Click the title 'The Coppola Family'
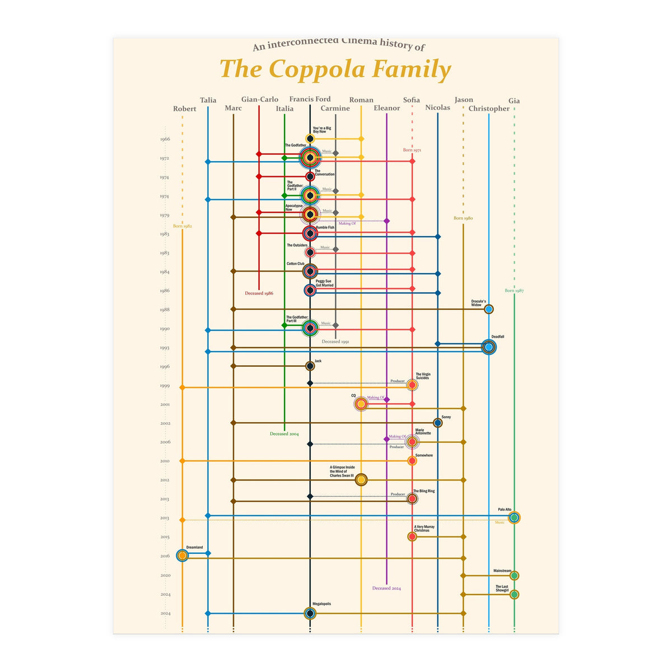point(335,69)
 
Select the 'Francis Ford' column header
point(310,99)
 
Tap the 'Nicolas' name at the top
point(437,108)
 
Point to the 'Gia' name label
point(514,101)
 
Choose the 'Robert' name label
point(185,109)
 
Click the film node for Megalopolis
point(310,613)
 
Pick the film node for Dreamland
point(182,556)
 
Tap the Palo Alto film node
point(514,518)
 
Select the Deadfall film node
point(489,347)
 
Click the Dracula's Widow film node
point(489,309)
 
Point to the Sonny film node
point(438,423)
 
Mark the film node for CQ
point(361,404)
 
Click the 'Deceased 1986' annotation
point(259,293)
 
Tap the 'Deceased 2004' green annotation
point(284,434)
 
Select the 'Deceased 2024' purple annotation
point(386,589)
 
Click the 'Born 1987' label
point(514,291)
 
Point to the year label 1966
point(165,139)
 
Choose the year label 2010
point(165,461)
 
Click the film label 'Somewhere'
point(424,455)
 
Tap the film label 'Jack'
point(318,361)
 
